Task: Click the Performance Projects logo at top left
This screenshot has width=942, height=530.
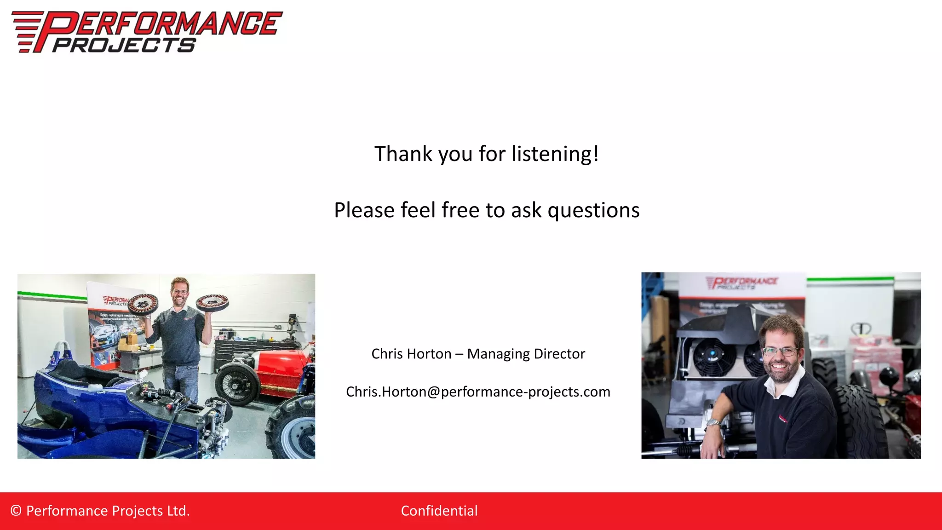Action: [146, 31]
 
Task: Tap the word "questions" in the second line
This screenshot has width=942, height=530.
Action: [593, 210]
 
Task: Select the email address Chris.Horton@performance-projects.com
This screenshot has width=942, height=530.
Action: [478, 392]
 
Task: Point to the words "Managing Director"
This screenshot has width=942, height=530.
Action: [526, 354]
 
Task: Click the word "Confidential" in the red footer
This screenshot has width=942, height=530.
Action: [439, 511]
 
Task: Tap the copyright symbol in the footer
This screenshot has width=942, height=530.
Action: [16, 511]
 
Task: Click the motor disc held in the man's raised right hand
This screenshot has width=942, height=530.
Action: [143, 304]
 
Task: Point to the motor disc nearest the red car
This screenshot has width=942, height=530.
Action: [212, 302]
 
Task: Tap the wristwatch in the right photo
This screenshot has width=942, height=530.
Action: [713, 422]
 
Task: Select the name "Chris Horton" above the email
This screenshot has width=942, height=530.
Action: [411, 354]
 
